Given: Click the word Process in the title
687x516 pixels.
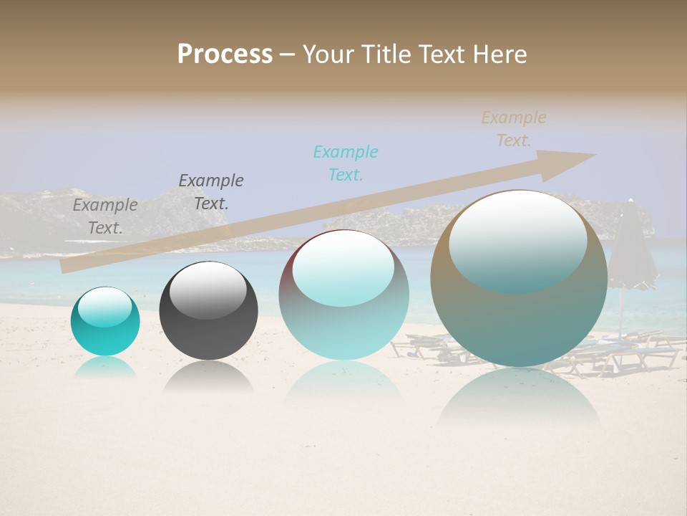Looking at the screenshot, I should click(x=225, y=54).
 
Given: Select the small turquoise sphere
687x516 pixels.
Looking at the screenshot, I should click(x=105, y=322).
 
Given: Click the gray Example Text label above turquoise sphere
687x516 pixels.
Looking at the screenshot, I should click(x=105, y=216).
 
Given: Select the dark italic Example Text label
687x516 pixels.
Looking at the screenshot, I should click(x=210, y=192).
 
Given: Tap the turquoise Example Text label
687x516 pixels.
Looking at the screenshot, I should click(x=345, y=163).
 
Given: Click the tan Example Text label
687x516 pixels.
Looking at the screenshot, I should click(x=513, y=129).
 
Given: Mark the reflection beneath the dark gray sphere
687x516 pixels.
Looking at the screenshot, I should click(x=208, y=378).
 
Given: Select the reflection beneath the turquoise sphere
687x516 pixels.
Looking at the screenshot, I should click(x=105, y=368).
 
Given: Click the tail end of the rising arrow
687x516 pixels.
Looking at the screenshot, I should click(x=68, y=265).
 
